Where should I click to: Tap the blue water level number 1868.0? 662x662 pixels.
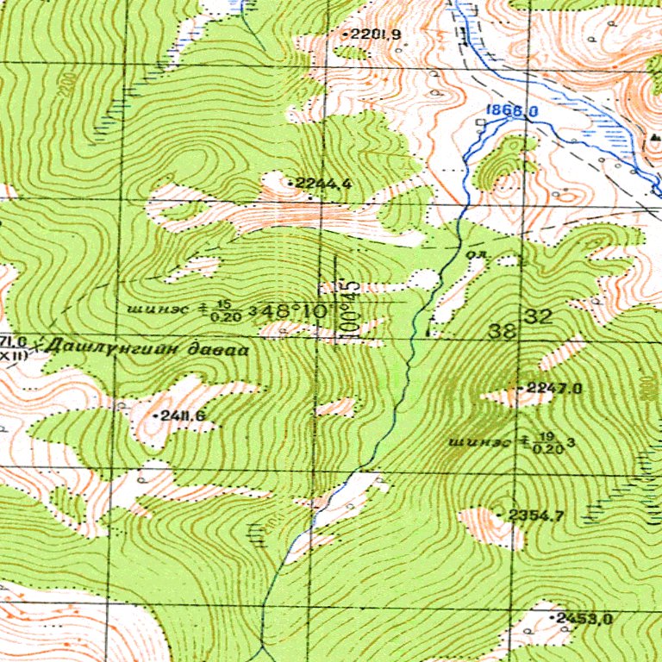tap(511, 111)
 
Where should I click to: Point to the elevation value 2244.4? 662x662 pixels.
tap(323, 183)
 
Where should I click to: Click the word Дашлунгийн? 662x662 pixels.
tap(122, 349)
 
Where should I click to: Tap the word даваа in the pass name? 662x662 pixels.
tap(223, 351)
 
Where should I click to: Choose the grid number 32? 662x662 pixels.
tap(540, 316)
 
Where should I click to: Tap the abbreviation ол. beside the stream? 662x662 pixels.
tap(476, 256)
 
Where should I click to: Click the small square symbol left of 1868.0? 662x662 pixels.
tap(480, 123)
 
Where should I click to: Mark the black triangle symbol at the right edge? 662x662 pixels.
tap(655, 137)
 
